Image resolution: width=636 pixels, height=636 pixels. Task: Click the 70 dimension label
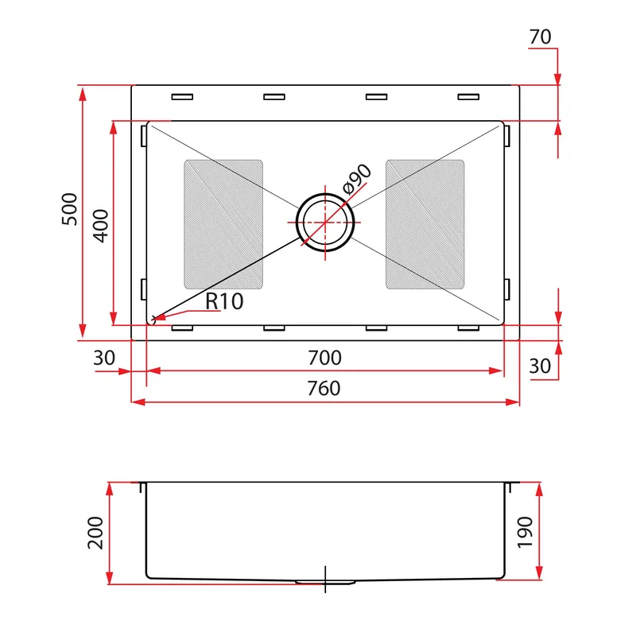click(540, 37)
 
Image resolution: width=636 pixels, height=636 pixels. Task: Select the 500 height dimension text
click(69, 209)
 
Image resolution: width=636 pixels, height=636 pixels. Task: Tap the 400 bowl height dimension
click(101, 226)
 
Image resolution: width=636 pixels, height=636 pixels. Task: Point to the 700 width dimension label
click(324, 358)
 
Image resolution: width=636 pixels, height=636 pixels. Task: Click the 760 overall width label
click(324, 389)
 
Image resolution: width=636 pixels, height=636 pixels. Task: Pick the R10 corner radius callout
click(224, 301)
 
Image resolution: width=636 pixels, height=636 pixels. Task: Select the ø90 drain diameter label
click(356, 179)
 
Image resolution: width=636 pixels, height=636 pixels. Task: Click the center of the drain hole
click(325, 223)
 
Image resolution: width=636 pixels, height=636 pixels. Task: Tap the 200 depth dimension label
click(95, 533)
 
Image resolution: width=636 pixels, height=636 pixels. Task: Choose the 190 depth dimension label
click(525, 533)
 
